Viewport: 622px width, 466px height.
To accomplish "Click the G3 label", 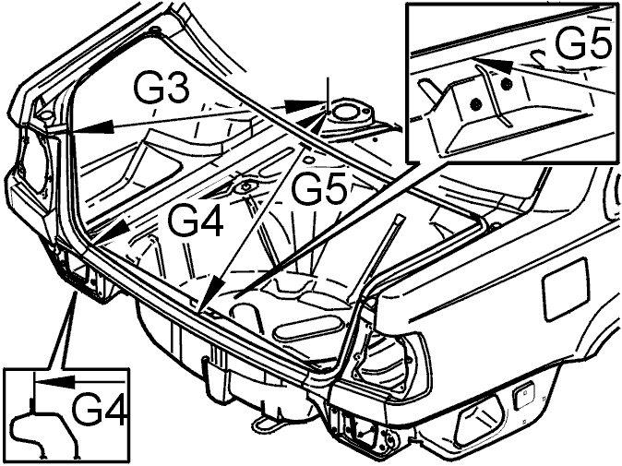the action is [161, 87].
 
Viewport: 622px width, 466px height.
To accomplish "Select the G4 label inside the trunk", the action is [195, 221].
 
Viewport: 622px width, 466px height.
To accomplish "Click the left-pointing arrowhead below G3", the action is [92, 127].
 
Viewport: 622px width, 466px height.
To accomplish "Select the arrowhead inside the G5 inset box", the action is [493, 65].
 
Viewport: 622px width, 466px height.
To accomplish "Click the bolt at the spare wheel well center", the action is [245, 186].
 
